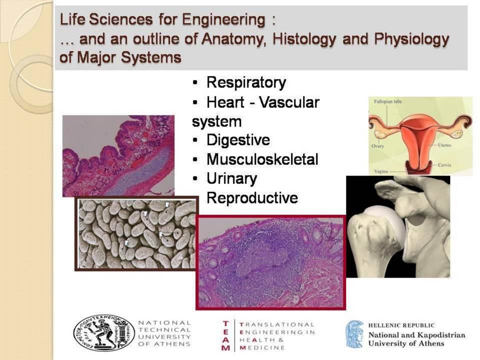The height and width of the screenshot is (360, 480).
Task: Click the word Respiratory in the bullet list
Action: click(x=246, y=82)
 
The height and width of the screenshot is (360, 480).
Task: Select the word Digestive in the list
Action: click(x=238, y=140)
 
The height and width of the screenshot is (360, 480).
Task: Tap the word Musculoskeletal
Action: click(x=262, y=159)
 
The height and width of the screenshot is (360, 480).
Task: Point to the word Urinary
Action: click(x=231, y=179)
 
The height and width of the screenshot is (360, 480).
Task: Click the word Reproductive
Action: click(x=252, y=198)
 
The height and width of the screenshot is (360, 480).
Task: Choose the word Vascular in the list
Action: click(x=289, y=102)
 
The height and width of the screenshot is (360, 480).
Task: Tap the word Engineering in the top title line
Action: click(x=224, y=20)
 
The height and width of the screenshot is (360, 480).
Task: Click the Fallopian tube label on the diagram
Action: click(x=388, y=101)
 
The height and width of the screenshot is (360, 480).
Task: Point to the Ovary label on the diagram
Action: click(x=377, y=146)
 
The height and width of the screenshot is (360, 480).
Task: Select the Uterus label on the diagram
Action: click(x=444, y=144)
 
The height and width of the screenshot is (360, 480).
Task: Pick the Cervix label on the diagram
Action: click(x=444, y=165)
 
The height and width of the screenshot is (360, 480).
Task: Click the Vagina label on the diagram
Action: click(x=381, y=171)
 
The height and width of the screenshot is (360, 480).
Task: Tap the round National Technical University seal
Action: click(x=104, y=333)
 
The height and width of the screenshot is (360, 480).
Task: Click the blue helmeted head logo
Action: click(x=354, y=334)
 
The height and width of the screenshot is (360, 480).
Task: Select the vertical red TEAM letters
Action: click(x=226, y=335)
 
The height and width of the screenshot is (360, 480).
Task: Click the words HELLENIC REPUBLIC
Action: click(x=401, y=325)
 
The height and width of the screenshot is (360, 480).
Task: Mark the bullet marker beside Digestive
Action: click(x=195, y=140)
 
